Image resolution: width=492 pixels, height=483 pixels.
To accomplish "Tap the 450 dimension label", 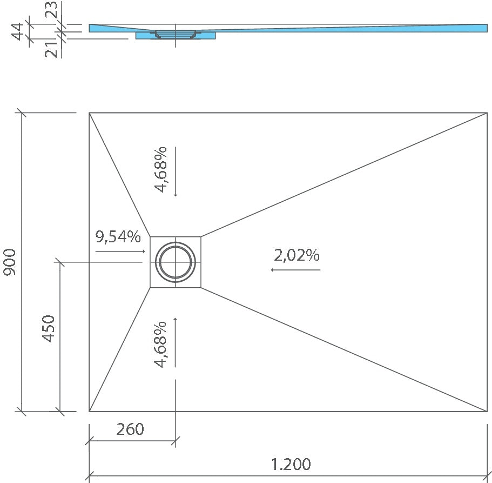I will pos(49,328).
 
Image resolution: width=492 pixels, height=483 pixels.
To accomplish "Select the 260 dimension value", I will pos(130,429).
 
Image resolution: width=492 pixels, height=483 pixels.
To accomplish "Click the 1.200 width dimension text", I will pos(291,464).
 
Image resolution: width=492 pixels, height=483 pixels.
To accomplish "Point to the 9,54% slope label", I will pos(118,237).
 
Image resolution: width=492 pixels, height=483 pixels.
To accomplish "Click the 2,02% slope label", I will pos(296,255).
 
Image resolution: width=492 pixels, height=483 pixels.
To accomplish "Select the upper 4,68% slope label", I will pos(161,169).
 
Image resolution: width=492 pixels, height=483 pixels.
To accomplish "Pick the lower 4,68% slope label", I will pos(161,344).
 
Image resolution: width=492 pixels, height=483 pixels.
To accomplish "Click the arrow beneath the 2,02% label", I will pos(295,269).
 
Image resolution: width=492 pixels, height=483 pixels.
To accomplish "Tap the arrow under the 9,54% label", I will pos(120,252).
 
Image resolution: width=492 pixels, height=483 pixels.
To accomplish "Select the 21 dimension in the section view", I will pos(51,49).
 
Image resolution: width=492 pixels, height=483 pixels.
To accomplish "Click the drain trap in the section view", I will pos(175,34).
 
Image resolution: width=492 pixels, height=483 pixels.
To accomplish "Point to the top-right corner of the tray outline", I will pos(487,113).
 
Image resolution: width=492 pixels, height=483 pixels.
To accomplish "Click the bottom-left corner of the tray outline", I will pos(90,411).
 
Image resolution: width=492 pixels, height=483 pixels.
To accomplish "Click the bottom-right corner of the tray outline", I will pos(487,411).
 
